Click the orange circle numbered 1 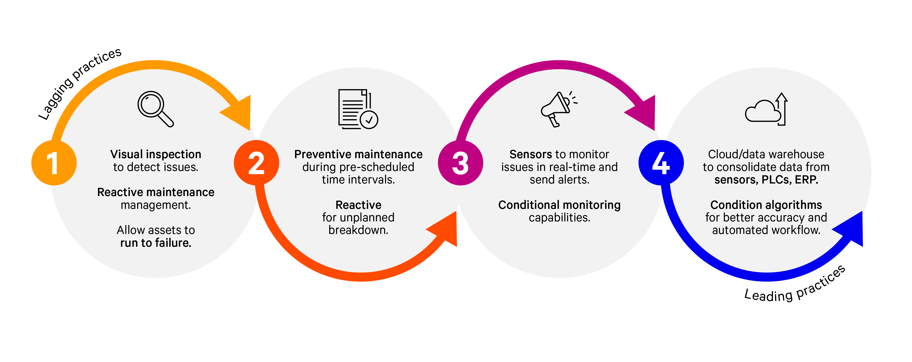tap(54, 163)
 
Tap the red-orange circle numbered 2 tap(256, 163)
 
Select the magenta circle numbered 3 tap(460, 163)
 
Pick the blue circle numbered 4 tap(661, 163)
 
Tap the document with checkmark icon tap(357, 109)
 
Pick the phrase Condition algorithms tap(766, 205)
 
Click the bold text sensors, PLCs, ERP tap(766, 180)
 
